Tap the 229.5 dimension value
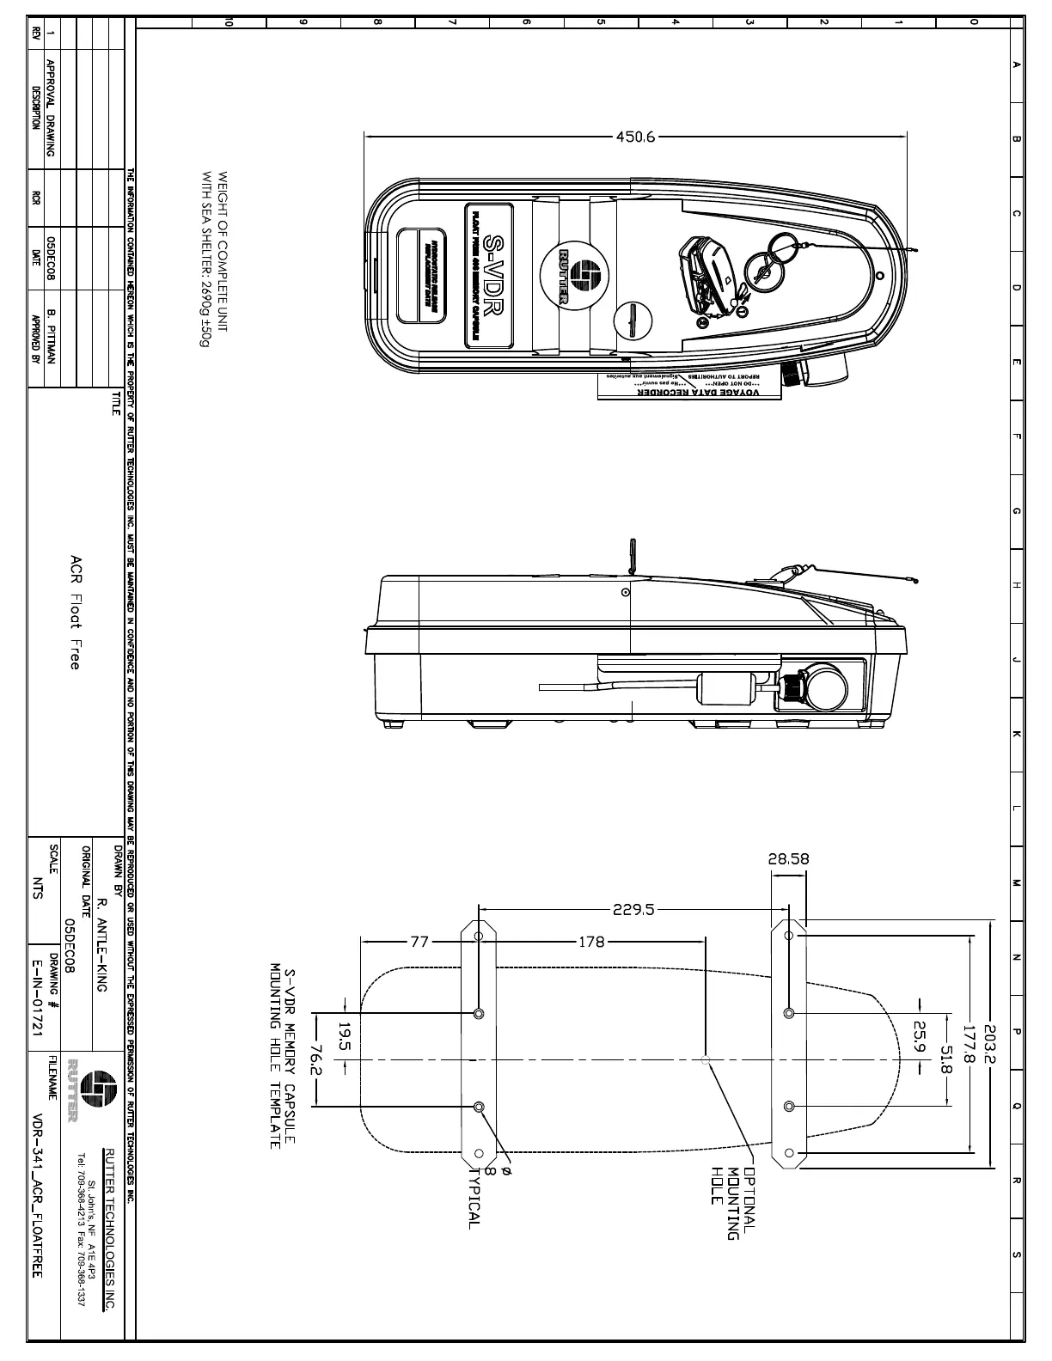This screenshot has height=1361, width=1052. coord(633,909)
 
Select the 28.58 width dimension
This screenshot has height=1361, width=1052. coord(788,858)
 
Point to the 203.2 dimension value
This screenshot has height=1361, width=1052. coord(989,1043)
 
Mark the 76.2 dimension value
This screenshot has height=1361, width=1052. coord(315,1061)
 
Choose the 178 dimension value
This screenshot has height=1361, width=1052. coord(591,942)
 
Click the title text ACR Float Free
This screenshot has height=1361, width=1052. coord(76,611)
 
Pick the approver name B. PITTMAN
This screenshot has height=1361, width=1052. coord(52,335)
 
